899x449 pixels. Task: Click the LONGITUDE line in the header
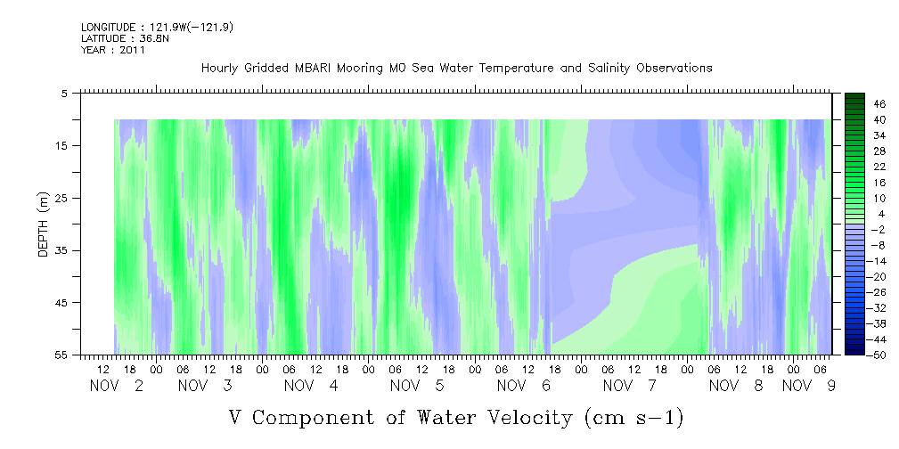tap(157, 27)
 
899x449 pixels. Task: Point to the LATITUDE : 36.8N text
tap(125, 38)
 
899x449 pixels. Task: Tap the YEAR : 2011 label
tap(113, 50)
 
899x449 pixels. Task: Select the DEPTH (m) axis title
tap(45, 224)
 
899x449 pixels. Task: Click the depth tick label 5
tap(63, 94)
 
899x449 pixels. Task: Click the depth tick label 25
tap(61, 199)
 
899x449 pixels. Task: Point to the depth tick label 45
tap(61, 303)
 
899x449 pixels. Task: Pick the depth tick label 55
tap(61, 355)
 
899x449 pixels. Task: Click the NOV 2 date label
tap(117, 386)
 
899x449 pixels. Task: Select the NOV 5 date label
tap(417, 386)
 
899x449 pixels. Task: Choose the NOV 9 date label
tap(809, 386)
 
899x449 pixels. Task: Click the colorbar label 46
tap(880, 104)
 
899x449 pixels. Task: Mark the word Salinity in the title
tap(609, 69)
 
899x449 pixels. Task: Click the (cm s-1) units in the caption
tap(633, 418)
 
